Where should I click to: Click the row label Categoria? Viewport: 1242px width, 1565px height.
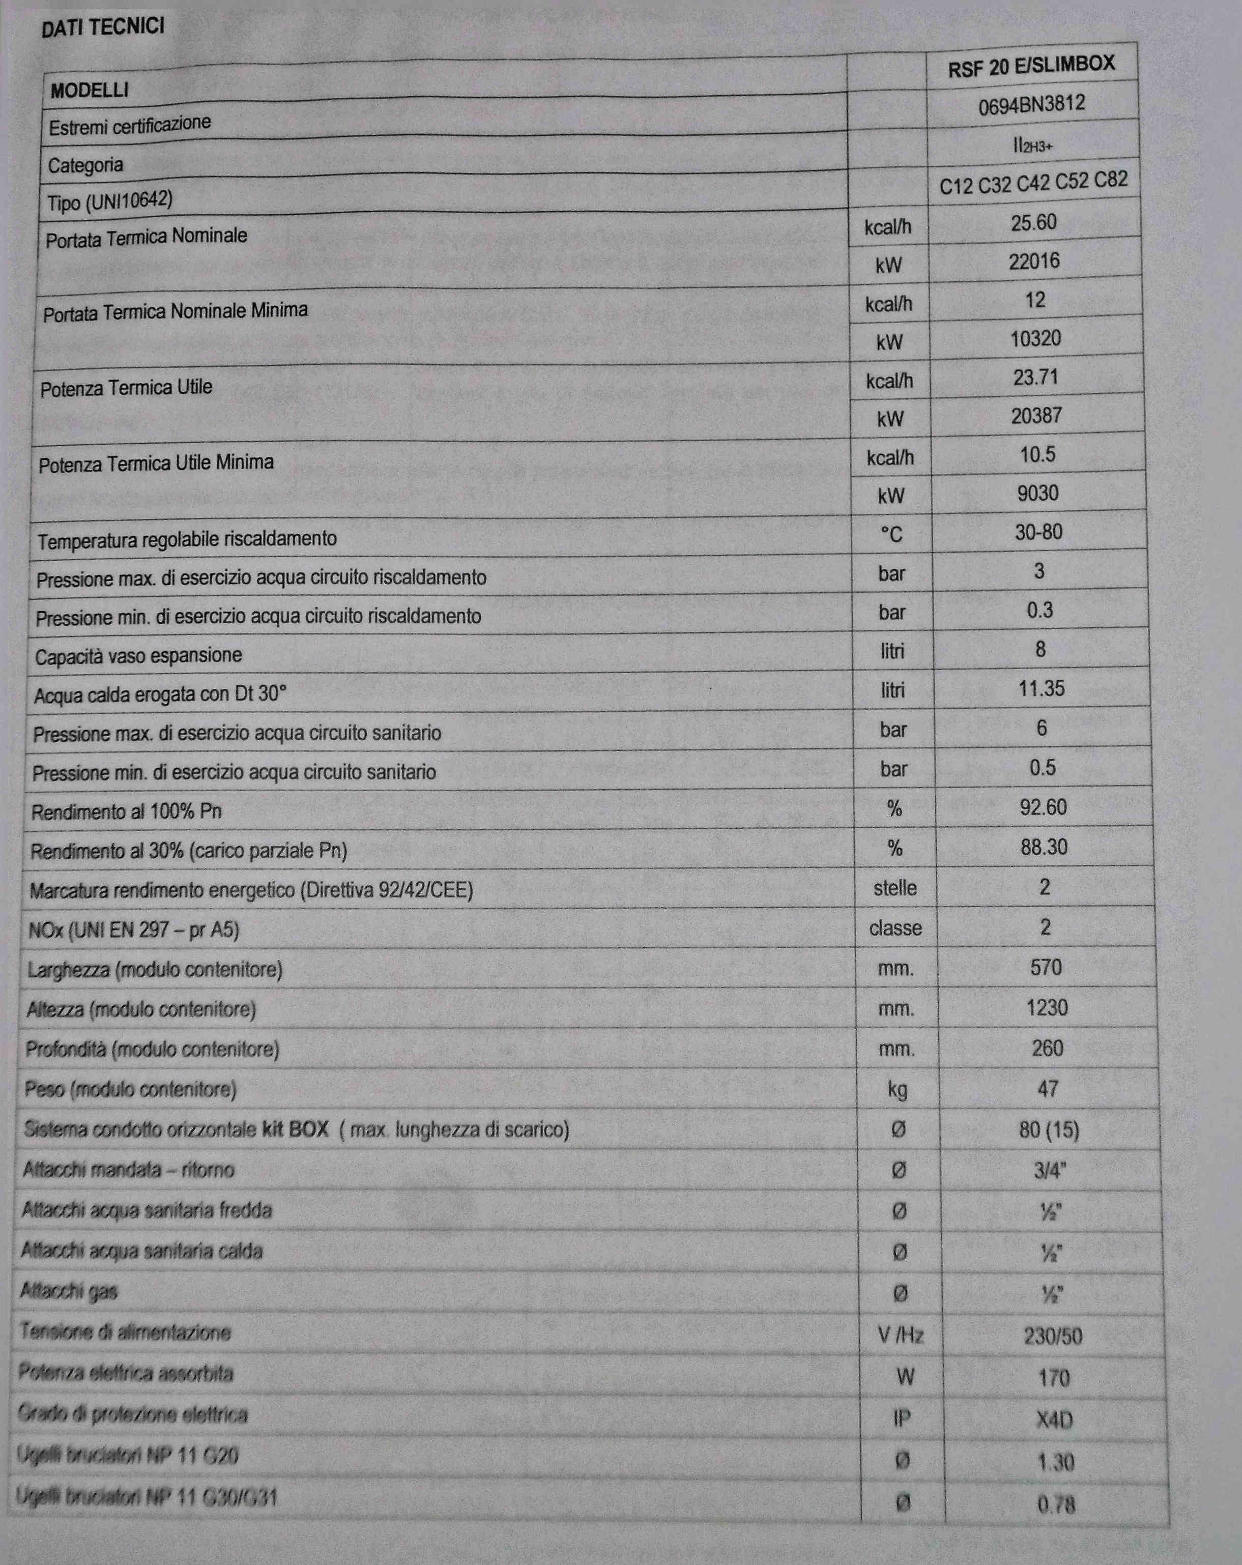85,165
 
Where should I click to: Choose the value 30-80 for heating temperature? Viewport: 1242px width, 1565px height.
1038,532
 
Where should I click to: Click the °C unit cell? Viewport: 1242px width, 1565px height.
891,535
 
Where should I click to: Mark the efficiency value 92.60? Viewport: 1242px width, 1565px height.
1043,806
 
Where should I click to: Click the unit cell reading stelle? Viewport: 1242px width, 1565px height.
894,887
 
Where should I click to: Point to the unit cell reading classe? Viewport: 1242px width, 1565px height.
895,928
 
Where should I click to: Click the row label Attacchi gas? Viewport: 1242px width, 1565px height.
69,1291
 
